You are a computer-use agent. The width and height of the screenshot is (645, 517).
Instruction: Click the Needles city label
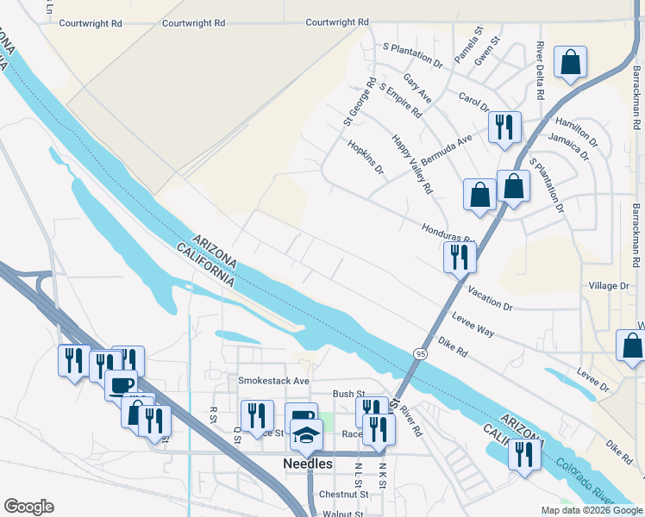pyautogui.click(x=308, y=464)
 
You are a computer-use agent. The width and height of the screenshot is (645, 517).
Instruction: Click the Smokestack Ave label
pyautogui.click(x=273, y=380)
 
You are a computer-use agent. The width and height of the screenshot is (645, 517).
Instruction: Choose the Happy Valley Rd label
pyautogui.click(x=411, y=164)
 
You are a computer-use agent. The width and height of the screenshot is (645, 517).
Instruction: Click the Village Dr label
pyautogui.click(x=610, y=285)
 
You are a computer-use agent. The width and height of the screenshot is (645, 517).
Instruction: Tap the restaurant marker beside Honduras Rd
pyautogui.click(x=460, y=256)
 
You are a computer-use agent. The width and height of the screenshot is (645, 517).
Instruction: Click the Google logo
pyautogui.click(x=28, y=507)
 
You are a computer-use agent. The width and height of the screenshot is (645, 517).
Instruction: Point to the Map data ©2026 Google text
pyautogui.click(x=591, y=510)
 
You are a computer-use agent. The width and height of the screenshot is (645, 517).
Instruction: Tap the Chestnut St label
pyautogui.click(x=343, y=495)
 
